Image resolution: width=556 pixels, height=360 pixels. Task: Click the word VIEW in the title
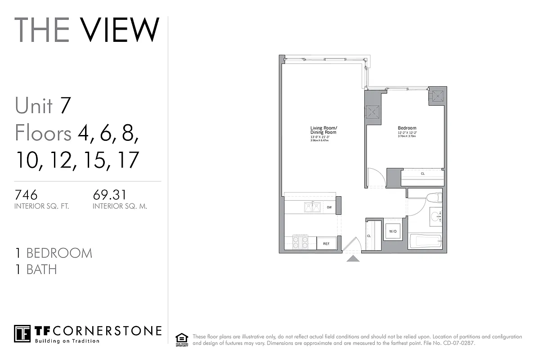click(x=120, y=30)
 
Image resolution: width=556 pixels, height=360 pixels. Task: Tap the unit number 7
click(x=66, y=105)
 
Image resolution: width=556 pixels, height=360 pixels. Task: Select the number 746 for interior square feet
click(x=26, y=195)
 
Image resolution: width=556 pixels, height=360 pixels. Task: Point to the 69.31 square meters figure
click(x=109, y=195)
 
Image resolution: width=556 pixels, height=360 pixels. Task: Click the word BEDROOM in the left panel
click(x=59, y=253)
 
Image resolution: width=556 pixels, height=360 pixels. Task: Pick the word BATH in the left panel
click(x=41, y=270)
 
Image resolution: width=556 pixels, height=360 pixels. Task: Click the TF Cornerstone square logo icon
click(x=22, y=333)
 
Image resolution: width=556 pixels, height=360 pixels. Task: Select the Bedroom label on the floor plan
click(x=407, y=128)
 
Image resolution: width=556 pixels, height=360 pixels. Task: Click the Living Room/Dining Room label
click(x=323, y=130)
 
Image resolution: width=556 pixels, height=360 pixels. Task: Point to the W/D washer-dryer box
click(x=393, y=231)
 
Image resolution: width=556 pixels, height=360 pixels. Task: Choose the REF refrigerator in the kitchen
click(x=326, y=243)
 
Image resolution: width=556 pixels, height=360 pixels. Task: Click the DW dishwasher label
click(x=329, y=207)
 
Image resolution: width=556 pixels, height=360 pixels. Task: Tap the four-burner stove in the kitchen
click(x=300, y=243)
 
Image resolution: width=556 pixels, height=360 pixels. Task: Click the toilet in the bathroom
click(x=434, y=198)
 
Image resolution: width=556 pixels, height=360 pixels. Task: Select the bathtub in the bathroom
click(x=426, y=241)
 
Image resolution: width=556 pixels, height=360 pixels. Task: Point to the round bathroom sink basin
click(x=435, y=217)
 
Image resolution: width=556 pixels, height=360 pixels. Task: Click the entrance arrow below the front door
click(x=353, y=258)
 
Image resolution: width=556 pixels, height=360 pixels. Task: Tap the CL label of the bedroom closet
click(x=422, y=174)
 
